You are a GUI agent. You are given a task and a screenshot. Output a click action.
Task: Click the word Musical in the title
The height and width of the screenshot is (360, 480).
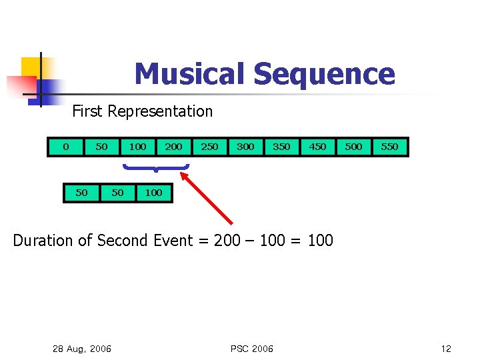pyautogui.click(x=189, y=74)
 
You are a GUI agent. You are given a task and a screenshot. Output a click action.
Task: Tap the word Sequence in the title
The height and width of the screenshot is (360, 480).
pyautogui.click(x=323, y=74)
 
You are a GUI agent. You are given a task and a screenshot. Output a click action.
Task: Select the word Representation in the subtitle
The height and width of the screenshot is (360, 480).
pyautogui.click(x=160, y=111)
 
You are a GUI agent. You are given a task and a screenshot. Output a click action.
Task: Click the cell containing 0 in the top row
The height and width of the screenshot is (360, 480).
pyautogui.click(x=65, y=147)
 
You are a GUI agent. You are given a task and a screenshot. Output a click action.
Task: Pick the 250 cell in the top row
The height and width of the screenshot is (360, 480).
pyautogui.click(x=209, y=147)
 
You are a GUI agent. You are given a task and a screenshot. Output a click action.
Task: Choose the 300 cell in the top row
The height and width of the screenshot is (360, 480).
pyautogui.click(x=245, y=147)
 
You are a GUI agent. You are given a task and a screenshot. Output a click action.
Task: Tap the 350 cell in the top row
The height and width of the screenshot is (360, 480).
pyautogui.click(x=281, y=147)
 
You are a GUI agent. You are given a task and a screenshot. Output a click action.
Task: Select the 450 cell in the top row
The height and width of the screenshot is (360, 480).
pyautogui.click(x=317, y=147)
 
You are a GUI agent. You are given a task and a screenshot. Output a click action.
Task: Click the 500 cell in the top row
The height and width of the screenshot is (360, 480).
pyautogui.click(x=353, y=147)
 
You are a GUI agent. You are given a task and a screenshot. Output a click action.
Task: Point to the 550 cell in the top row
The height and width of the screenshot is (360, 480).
pyautogui.click(x=389, y=147)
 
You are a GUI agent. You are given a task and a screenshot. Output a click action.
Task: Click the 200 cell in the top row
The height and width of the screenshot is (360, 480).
pyautogui.click(x=173, y=147)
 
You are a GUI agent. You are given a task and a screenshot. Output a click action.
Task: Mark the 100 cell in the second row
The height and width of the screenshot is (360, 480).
pyautogui.click(x=153, y=193)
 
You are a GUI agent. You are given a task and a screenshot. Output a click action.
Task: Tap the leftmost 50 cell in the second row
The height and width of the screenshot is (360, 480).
pyautogui.click(x=81, y=193)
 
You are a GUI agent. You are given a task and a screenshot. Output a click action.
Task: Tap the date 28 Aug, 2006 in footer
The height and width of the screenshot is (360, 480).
pyautogui.click(x=81, y=349)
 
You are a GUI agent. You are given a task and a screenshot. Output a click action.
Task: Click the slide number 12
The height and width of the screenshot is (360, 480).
pyautogui.click(x=446, y=349)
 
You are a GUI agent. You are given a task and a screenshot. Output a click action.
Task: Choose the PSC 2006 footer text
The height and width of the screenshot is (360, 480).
pyautogui.click(x=251, y=349)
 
